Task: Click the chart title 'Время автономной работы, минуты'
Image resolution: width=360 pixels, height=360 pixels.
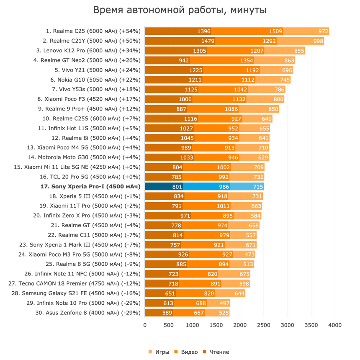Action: tap(180, 10)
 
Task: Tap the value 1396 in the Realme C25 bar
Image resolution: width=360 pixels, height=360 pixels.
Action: tap(204, 31)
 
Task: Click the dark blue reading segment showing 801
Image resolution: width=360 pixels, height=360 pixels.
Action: tap(164, 187)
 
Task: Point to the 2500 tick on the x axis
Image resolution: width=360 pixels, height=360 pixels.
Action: tap(264, 325)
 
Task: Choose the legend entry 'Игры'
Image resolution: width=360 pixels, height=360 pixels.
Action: tap(159, 352)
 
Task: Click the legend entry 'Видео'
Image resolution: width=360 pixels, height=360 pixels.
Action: tap(186, 352)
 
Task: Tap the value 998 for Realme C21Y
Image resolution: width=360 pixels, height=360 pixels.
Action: tap(318, 41)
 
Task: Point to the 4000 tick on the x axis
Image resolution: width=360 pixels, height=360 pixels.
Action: tap(335, 325)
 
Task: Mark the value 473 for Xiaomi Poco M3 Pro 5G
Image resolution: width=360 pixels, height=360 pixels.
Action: tap(249, 255)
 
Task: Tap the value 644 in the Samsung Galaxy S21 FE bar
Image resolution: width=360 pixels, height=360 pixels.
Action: tap(239, 293)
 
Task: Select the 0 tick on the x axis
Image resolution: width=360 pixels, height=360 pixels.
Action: tap(145, 325)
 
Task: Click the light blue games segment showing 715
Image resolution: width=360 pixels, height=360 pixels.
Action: tap(247, 187)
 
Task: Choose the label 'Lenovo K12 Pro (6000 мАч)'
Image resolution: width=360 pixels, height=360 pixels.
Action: tap(95, 51)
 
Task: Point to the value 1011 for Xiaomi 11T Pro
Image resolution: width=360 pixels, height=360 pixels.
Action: tap(223, 206)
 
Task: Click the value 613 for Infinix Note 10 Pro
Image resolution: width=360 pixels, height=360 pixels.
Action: tap(168, 303)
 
